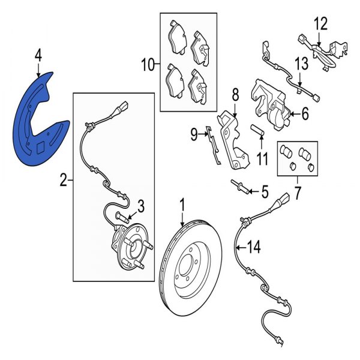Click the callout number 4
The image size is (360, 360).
pyautogui.click(x=38, y=56)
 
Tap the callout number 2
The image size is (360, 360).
pyautogui.click(x=64, y=179)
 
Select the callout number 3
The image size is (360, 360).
pyautogui.click(x=140, y=207)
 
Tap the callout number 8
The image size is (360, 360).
pyautogui.click(x=235, y=94)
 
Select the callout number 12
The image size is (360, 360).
pyautogui.click(x=321, y=24)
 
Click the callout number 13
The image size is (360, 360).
pyautogui.click(x=300, y=64)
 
